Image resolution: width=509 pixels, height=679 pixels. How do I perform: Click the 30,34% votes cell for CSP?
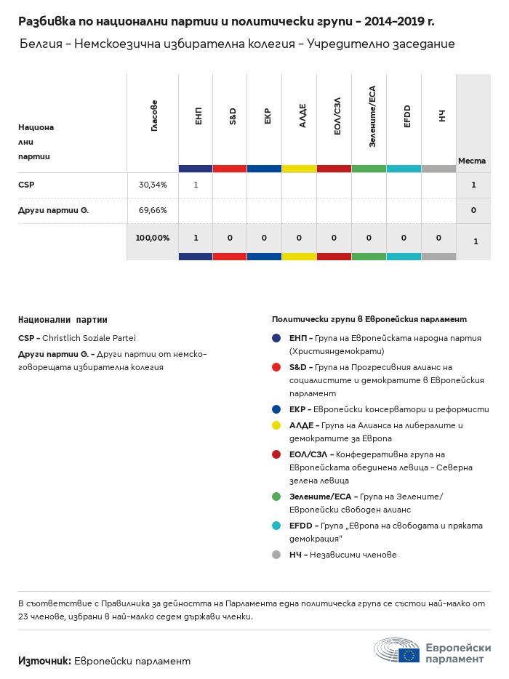(153, 185)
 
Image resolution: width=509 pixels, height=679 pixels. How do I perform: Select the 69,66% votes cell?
(153, 210)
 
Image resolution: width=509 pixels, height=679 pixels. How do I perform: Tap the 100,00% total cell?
(153, 238)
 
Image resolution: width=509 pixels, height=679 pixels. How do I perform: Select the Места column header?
(473, 160)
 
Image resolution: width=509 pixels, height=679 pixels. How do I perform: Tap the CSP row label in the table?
(26, 185)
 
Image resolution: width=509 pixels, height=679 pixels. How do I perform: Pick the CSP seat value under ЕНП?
(196, 185)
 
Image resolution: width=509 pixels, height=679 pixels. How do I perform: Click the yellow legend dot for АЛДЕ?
(276, 425)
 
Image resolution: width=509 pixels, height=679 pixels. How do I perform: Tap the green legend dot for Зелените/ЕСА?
(276, 497)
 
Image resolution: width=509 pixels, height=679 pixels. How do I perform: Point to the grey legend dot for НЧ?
(276, 555)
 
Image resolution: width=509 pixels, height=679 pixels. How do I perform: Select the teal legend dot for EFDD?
(276, 526)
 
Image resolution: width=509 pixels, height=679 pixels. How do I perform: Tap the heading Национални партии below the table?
(63, 319)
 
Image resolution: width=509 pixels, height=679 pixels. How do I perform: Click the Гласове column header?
(154, 116)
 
